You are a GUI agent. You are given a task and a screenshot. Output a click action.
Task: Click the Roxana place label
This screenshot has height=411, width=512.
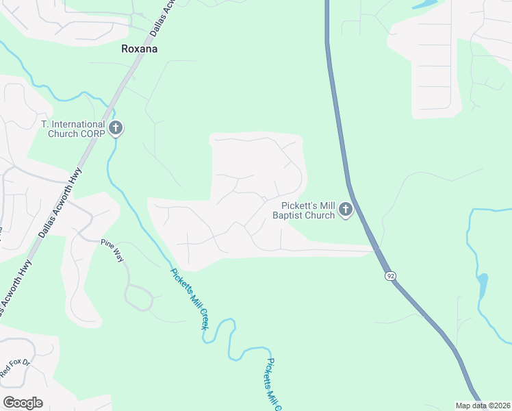pos(139,49)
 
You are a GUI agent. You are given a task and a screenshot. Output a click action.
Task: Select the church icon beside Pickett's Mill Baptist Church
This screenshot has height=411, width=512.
pos(346,210)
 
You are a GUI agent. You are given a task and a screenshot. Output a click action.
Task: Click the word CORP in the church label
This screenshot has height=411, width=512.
pos(92,134)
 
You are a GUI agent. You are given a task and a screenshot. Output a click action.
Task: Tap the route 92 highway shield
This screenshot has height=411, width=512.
pos(390,275)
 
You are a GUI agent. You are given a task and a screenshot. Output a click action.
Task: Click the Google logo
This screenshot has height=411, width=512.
pos(23,403)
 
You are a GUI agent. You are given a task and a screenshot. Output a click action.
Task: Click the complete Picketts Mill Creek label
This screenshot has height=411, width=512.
pos(188,298)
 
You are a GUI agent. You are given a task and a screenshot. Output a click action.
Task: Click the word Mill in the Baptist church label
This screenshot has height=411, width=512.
pos(327,206)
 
